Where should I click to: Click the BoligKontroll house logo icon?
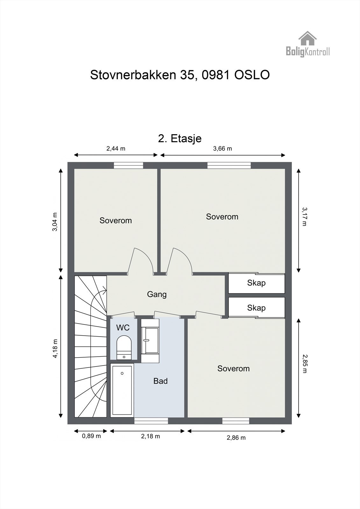tap(307, 38)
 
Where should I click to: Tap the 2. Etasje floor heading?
tap(180, 139)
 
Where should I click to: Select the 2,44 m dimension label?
tap(116, 149)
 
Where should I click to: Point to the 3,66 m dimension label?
tap(222, 149)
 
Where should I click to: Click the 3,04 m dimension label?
tap(55, 222)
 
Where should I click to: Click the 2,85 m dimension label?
tap(305, 364)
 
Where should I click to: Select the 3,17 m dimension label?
tap(305, 216)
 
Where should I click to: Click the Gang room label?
tap(157, 295)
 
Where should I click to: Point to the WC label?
tap(123, 327)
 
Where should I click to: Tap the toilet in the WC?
tap(124, 347)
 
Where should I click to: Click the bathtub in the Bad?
tap(122, 390)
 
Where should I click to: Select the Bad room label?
tap(160, 381)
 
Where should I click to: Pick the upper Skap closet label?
tap(256, 283)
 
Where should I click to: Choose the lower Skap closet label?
tap(256, 308)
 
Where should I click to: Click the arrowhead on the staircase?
tap(105, 289)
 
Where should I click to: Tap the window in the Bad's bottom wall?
tap(151, 421)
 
